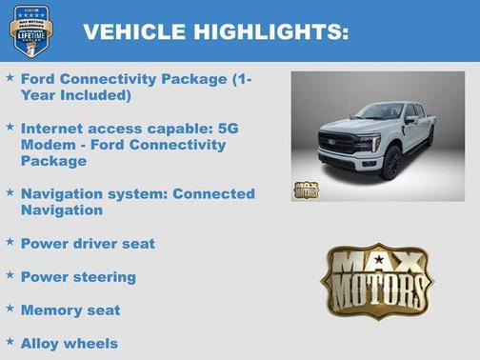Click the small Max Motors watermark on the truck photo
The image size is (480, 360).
point(307,189)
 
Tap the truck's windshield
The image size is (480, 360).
point(377,112)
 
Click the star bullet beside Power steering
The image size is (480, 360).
point(10,275)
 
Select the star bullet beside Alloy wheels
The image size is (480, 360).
point(10,341)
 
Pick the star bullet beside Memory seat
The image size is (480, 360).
point(10,309)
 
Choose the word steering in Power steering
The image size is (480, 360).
point(104,277)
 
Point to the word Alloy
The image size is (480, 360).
point(41,344)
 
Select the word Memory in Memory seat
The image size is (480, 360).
point(51,310)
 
